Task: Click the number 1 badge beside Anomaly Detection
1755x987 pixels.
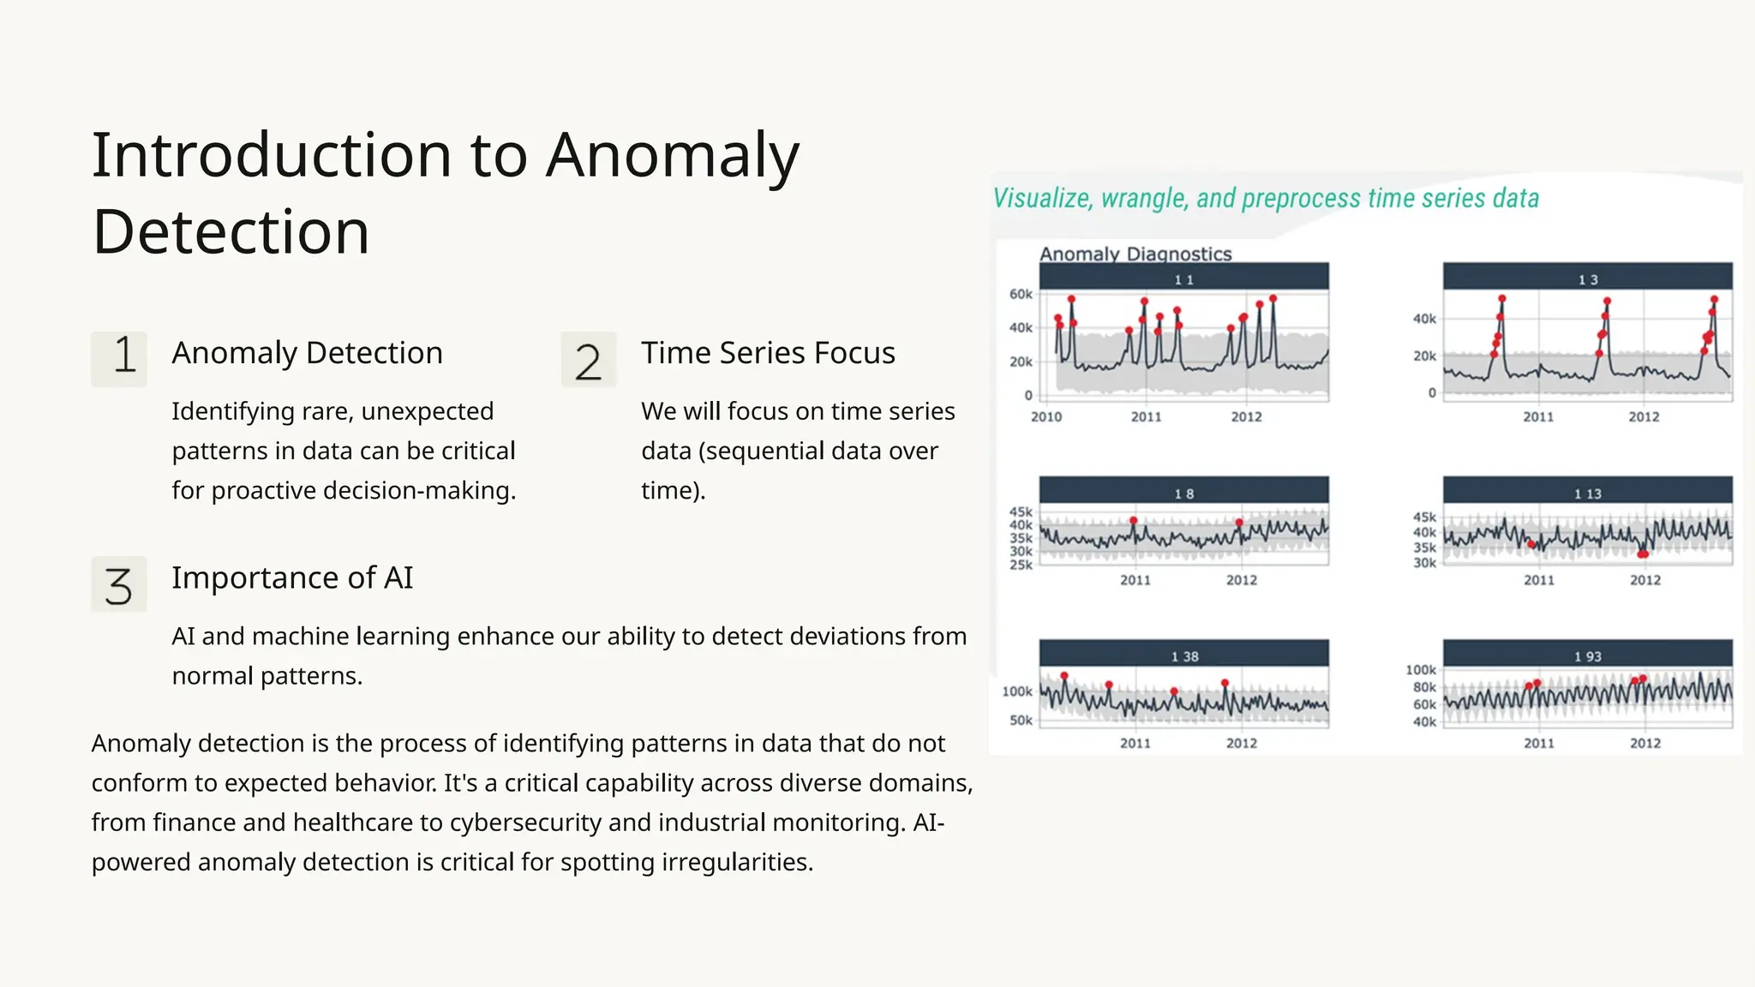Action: click(x=119, y=359)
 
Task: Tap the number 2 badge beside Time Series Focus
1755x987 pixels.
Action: click(x=589, y=359)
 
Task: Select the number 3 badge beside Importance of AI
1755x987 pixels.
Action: click(x=119, y=584)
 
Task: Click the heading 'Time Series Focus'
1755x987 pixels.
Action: click(x=768, y=353)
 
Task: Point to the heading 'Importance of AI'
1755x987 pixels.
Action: click(x=292, y=578)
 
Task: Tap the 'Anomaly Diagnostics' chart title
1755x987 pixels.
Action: click(x=1135, y=254)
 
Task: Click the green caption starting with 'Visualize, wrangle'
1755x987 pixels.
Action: click(x=1266, y=199)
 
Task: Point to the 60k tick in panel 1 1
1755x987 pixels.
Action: click(x=1021, y=294)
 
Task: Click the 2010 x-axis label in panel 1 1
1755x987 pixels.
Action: click(x=1045, y=417)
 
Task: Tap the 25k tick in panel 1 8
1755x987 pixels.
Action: click(x=1021, y=565)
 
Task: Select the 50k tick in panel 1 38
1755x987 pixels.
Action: click(x=1021, y=721)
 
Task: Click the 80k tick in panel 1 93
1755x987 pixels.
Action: click(x=1424, y=687)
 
